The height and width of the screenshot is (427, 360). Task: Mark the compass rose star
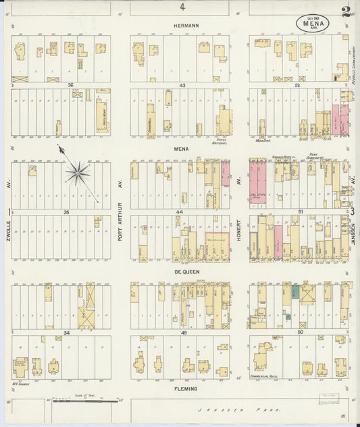[78, 174]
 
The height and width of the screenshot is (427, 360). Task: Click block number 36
[70, 84]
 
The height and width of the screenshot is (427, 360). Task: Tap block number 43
[182, 84]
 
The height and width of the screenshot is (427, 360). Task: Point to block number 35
[66, 212]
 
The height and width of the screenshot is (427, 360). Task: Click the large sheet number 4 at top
[182, 7]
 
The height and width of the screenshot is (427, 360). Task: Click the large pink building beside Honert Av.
[257, 181]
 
